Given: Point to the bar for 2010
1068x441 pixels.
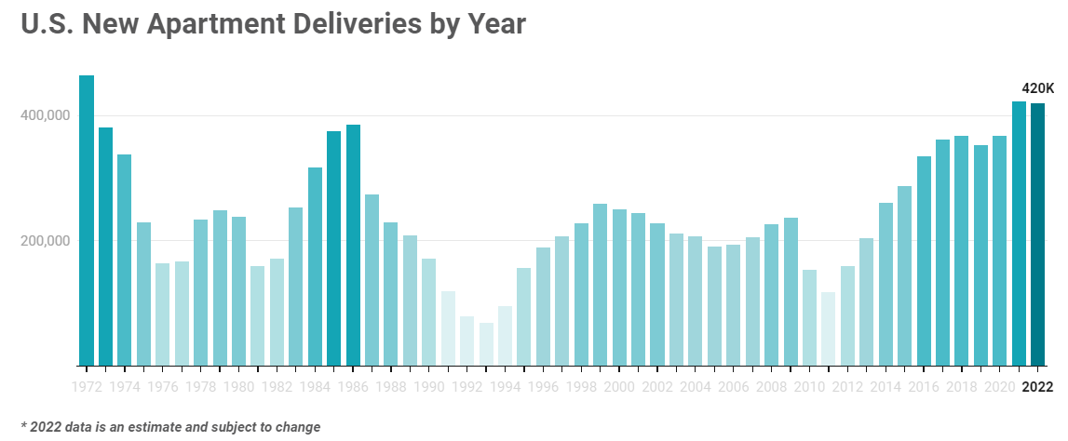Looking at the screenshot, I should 809,317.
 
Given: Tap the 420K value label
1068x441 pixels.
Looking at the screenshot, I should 1038,88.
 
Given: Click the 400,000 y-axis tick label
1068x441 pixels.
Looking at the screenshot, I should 46,115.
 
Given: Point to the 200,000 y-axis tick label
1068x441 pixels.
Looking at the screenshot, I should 46,241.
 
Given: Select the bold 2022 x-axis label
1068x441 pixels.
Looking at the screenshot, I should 1037,386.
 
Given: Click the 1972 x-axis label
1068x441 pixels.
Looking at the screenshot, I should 87,386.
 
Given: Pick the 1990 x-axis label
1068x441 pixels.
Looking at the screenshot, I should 429,386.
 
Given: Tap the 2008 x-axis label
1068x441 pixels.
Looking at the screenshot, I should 771,386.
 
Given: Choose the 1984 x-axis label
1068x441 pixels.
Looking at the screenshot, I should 315,386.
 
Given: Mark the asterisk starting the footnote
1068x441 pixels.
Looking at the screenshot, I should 23,426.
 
